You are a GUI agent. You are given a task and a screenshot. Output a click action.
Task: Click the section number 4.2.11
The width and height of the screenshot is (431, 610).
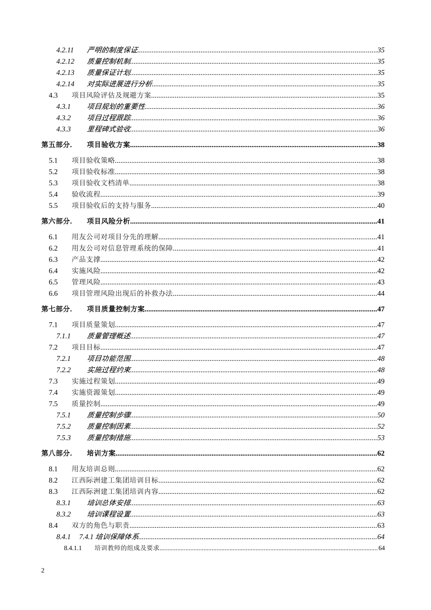[65, 50]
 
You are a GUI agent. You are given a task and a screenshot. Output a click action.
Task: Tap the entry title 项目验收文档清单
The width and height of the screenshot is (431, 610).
[101, 183]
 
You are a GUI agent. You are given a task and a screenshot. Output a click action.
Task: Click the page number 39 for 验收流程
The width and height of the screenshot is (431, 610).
[381, 194]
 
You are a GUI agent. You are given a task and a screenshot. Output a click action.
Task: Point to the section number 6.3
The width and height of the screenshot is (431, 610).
[53, 260]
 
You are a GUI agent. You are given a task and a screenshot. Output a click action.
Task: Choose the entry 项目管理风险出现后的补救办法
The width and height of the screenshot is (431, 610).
[122, 294]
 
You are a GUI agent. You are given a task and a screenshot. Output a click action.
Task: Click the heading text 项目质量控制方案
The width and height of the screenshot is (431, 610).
[116, 309]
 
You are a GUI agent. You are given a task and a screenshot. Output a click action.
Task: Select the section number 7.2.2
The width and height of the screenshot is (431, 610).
[64, 370]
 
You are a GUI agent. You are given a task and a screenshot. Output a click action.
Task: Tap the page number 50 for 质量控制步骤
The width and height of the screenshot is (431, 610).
[381, 415]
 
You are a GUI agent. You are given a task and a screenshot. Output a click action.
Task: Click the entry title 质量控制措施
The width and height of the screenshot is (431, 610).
[109, 438]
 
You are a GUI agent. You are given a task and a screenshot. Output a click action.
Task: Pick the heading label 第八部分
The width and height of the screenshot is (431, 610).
[56, 453]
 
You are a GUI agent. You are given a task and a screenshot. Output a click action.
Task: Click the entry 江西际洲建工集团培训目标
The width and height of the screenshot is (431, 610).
[115, 480]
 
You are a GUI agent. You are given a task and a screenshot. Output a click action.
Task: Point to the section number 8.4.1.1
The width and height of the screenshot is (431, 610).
[73, 548]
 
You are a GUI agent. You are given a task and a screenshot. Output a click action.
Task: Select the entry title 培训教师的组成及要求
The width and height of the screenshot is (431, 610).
[127, 548]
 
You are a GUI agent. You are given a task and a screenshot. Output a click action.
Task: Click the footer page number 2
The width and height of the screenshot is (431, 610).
[43, 571]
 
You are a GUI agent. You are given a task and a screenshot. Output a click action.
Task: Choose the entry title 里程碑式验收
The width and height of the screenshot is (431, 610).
[109, 129]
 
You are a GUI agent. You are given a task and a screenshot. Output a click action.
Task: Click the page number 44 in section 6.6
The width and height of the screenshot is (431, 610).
[381, 294]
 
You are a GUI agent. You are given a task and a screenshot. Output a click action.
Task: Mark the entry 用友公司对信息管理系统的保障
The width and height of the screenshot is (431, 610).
[122, 248]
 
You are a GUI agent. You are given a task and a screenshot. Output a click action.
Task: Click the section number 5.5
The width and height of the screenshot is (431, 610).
[53, 206]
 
